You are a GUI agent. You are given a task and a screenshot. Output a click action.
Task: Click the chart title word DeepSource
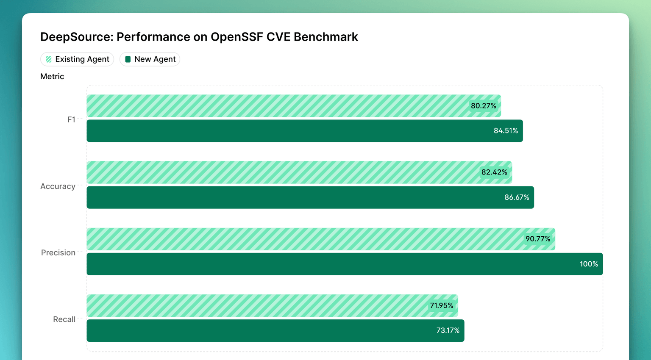pos(76,37)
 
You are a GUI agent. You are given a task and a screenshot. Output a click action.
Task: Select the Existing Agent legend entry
pos(77,59)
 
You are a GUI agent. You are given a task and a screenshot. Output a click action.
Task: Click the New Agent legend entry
pos(150,59)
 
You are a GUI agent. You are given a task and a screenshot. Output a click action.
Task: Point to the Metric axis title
pos(52,77)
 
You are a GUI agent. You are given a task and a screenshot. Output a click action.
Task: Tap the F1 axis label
pos(71,120)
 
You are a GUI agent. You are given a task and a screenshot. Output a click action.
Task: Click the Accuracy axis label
pos(58,186)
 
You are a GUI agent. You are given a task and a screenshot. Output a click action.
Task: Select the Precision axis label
pos(58,253)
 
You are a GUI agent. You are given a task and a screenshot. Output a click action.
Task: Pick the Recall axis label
pos(64,319)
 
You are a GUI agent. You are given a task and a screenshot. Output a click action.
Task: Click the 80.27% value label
pos(483,106)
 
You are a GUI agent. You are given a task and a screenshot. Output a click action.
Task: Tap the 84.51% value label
pos(506,131)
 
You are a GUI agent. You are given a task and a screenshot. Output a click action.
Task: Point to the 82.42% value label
pos(494,172)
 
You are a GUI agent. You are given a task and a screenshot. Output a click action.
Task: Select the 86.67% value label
pos(517,197)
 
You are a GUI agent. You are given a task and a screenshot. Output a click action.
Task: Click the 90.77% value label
pos(538,239)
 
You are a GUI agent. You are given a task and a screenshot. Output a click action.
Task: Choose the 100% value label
pos(589,264)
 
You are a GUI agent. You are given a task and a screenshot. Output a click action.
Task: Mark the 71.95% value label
pos(441,306)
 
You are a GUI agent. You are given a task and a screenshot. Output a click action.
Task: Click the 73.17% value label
pos(448,330)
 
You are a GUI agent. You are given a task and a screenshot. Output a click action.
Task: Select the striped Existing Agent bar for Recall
pos(254,306)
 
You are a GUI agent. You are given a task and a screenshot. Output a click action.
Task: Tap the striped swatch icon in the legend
pos(49,59)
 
